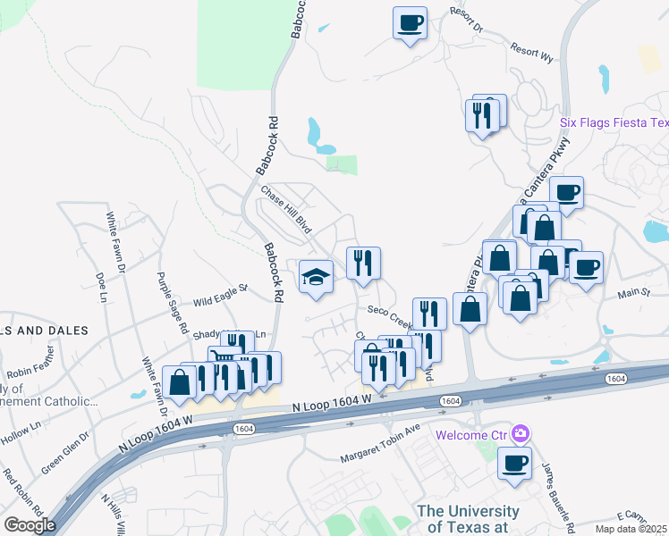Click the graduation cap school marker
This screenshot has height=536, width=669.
coord(316,276)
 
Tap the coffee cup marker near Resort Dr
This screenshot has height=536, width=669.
coord(410,23)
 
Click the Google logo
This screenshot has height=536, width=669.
coord(30,525)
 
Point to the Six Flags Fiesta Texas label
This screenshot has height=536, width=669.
coord(614,122)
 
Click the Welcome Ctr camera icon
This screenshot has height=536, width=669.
coord(521,435)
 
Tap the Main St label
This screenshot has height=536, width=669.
coord(633,292)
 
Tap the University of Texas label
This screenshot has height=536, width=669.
coord(467,519)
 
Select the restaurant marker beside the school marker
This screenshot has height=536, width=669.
coord(363,263)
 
